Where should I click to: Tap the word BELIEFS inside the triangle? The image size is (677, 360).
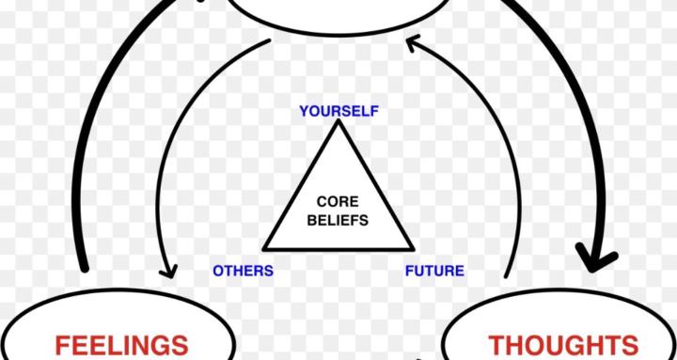coord(338,222)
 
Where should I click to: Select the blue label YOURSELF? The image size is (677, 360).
coord(338,111)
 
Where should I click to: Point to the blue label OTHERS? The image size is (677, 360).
coord(243,271)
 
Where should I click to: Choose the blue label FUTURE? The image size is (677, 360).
coord(434,271)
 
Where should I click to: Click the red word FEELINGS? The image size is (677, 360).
coord(121,345)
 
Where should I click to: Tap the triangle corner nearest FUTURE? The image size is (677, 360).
coord(412,249)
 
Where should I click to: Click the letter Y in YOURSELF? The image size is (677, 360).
coord(304,111)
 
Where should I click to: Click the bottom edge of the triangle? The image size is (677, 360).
coord(338,249)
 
